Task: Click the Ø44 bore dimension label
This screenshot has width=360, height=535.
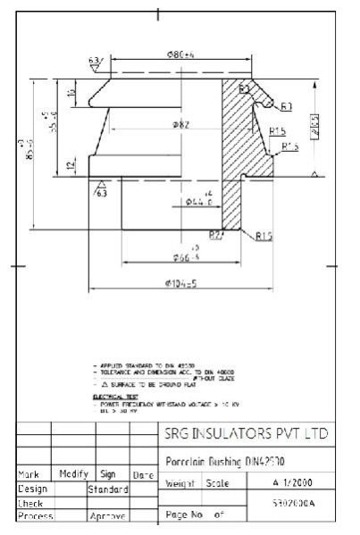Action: tap(198, 202)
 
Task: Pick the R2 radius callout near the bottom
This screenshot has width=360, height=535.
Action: tap(215, 234)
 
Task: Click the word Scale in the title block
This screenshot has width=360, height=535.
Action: tap(217, 483)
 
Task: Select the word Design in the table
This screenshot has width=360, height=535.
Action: tap(33, 489)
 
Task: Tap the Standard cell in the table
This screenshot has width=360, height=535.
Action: tap(108, 489)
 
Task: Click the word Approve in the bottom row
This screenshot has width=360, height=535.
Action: tap(106, 516)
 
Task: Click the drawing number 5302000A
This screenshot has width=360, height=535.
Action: tap(292, 504)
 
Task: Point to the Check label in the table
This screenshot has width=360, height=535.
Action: tap(31, 503)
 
